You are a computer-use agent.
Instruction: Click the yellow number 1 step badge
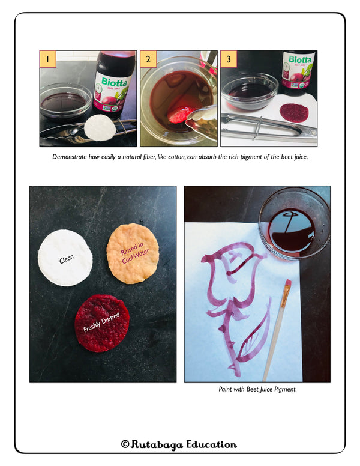[x=48, y=59]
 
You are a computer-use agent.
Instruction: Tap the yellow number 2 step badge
[x=148, y=59]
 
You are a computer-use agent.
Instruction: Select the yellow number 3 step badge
[x=229, y=59]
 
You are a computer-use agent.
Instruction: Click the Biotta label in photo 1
[x=114, y=82]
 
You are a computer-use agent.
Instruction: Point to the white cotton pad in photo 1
[x=99, y=128]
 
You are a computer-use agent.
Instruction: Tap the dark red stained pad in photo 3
[x=294, y=112]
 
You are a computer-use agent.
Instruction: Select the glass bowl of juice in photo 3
[x=250, y=91]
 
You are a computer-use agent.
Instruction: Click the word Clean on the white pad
[x=67, y=259]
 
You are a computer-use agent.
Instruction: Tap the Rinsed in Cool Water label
[x=134, y=253]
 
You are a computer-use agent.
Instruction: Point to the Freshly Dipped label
[x=101, y=322]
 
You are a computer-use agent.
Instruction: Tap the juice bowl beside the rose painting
[x=294, y=224]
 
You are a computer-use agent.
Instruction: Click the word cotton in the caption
[x=177, y=157]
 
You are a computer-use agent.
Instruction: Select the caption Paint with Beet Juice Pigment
[x=257, y=389]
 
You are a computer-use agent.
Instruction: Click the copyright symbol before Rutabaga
[x=125, y=444]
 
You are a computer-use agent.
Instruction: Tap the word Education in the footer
[x=211, y=444]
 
